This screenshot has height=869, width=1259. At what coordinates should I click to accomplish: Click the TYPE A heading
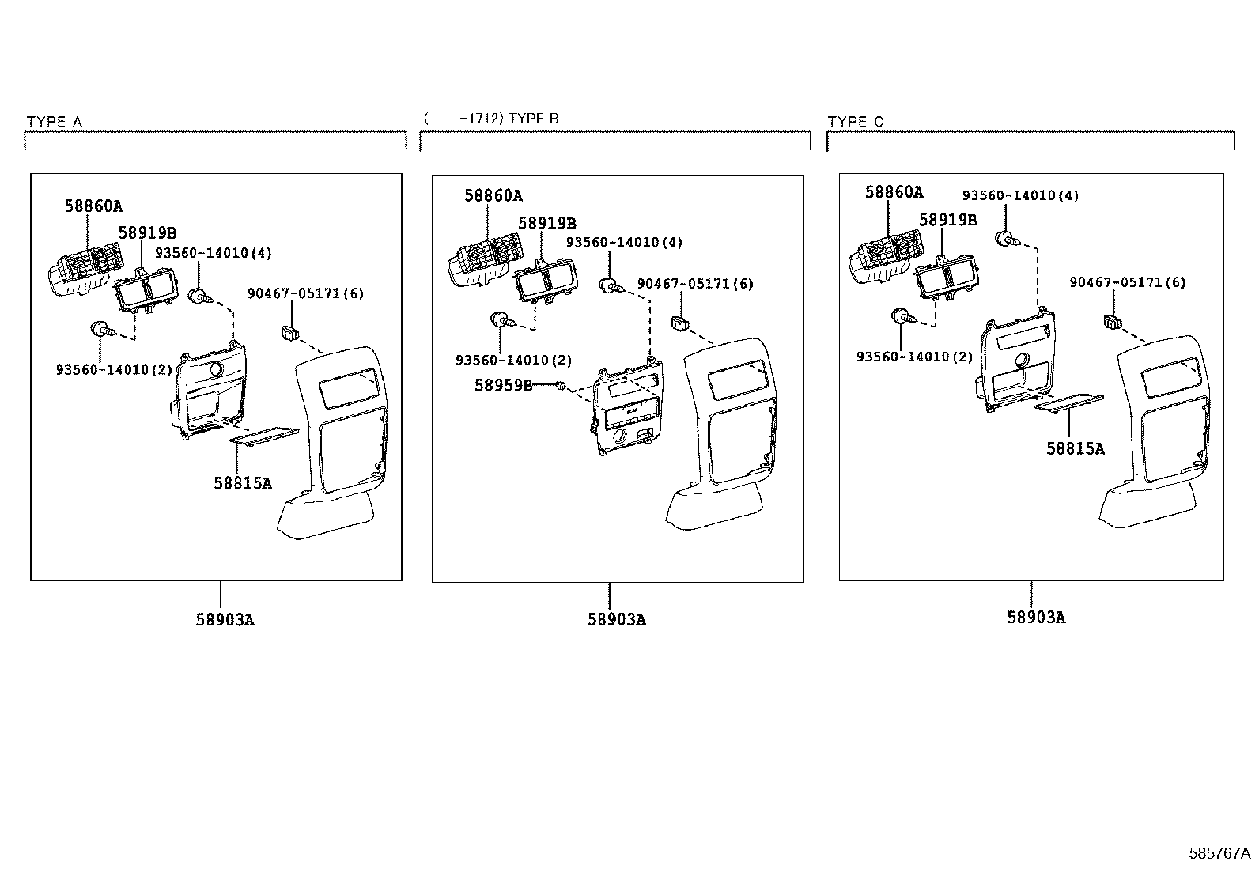[x=54, y=122]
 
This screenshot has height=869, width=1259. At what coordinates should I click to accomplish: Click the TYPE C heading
[x=856, y=122]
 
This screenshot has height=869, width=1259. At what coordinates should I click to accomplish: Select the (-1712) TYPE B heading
[x=491, y=119]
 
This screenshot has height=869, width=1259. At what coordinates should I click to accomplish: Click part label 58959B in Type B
[x=503, y=385]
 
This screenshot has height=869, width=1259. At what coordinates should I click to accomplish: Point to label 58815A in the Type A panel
[x=242, y=483]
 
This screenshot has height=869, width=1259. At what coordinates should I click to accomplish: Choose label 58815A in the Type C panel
[x=1075, y=448]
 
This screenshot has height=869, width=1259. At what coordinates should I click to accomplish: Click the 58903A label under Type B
[x=616, y=620]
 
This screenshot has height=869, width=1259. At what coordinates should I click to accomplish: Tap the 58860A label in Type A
[x=93, y=207]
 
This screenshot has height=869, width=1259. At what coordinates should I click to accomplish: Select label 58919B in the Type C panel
[x=947, y=220]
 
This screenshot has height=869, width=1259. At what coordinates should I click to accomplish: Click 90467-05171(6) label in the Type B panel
[x=695, y=284]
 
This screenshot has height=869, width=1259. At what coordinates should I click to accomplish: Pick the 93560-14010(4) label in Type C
[x=1020, y=195]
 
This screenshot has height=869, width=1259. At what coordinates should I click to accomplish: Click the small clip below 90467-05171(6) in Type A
[x=289, y=331]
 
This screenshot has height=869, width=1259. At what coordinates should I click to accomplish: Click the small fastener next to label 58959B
[x=560, y=385]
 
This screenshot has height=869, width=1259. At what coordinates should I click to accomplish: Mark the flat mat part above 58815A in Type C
[x=1068, y=403]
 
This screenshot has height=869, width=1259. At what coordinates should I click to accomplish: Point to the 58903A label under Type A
[x=225, y=620]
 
